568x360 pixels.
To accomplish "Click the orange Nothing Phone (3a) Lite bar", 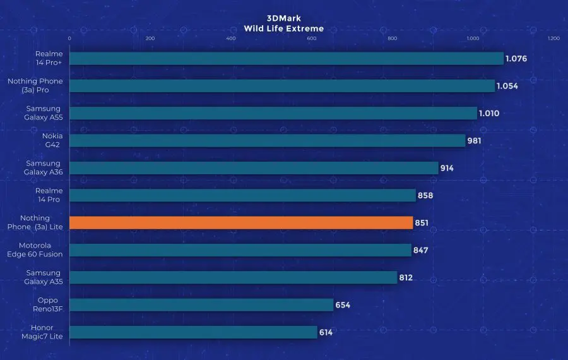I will pos(240,223).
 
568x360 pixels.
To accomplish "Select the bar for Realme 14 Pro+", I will pos(285,59).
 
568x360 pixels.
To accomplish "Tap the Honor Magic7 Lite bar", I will pos(192,332).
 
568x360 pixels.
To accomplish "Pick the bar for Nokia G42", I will pos(266,141).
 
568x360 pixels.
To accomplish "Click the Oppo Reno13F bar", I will pos(201,305).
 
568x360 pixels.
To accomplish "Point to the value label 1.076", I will pos(516,59).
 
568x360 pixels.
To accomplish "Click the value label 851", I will pos(422,223).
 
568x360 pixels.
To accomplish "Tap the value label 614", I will pos(326,332).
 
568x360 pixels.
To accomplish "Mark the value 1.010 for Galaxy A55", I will pos(490,114).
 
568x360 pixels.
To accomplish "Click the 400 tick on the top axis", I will pos(230,39).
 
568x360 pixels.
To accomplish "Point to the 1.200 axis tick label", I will pos(553,39).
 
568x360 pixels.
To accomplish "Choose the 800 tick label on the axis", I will pos(392,39).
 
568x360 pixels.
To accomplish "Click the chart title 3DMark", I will pos(284,18).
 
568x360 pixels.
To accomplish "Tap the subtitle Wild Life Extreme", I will pos(284,28).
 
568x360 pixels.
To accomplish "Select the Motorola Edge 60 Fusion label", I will pos(44,250).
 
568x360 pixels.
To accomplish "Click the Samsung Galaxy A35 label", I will pos(44,277).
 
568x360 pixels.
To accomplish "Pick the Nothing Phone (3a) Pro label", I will pos(35,86).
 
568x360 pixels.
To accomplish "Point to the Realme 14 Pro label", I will pos(49,195).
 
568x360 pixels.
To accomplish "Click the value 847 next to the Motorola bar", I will pos(421,250).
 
